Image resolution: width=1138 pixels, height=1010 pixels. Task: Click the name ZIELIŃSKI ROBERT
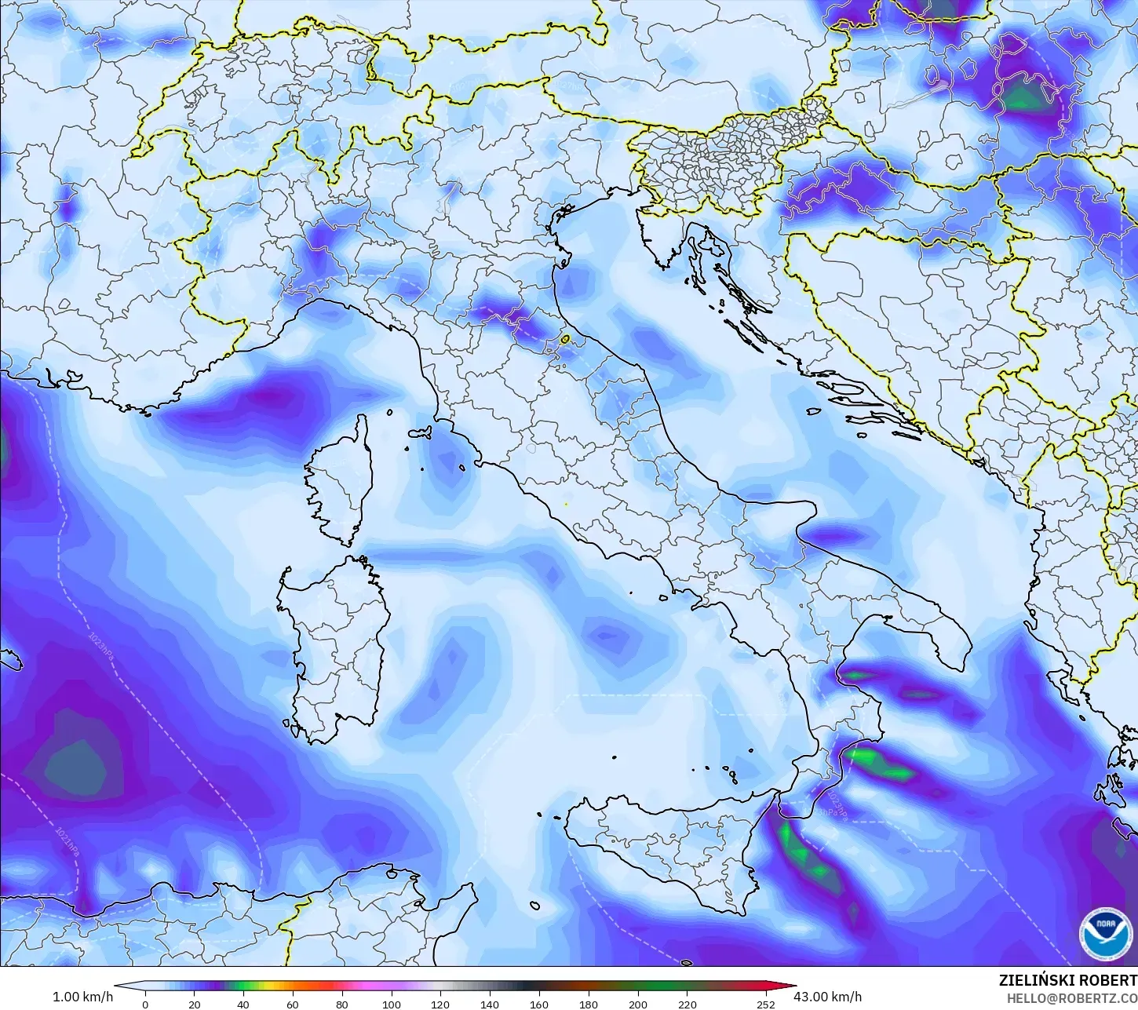pyautogui.click(x=1067, y=981)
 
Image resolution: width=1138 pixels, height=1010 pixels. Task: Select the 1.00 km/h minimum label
pyautogui.click(x=82, y=997)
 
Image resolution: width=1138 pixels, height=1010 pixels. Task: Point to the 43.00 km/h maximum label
pyautogui.click(x=827, y=997)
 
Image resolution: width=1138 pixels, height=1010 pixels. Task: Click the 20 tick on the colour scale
pyautogui.click(x=194, y=1004)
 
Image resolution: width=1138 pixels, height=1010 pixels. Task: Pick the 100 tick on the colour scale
pyautogui.click(x=391, y=1004)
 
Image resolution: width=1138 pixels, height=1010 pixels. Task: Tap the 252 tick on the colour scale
pyautogui.click(x=765, y=1004)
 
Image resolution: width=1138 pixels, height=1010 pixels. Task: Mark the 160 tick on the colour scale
pyautogui.click(x=539, y=1004)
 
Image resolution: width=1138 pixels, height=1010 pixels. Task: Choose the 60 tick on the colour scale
pyautogui.click(x=293, y=1004)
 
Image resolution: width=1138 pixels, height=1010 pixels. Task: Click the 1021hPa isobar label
pyautogui.click(x=66, y=839)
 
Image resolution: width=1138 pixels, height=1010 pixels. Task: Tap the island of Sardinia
pyautogui.click(x=334, y=644)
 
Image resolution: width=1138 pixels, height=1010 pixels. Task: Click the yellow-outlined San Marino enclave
pyautogui.click(x=565, y=340)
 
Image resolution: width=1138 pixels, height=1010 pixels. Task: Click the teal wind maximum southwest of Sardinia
pyautogui.click(x=75, y=765)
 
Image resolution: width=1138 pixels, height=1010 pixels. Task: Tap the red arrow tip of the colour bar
pyautogui.click(x=788, y=987)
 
